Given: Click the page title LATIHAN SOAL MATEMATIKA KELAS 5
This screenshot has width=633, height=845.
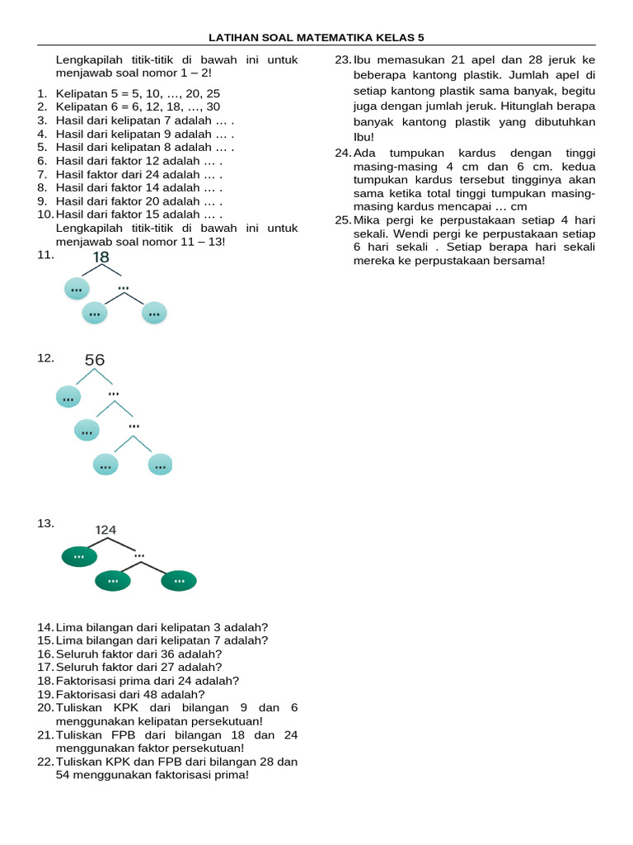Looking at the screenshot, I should (316, 37).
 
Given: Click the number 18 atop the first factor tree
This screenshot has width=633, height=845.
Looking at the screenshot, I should (101, 257).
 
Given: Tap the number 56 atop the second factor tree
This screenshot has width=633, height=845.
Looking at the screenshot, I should (95, 360).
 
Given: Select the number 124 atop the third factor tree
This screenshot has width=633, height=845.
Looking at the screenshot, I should (105, 529).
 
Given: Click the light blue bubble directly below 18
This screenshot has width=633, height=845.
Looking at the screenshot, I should (77, 289).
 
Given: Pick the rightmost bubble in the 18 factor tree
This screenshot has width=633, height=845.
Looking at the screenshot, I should (154, 313).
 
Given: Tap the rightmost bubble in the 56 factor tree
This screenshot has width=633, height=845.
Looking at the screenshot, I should (160, 465).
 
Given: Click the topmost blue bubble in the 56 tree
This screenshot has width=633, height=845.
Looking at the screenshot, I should (68, 398).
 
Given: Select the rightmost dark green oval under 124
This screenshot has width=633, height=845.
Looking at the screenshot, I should (179, 581).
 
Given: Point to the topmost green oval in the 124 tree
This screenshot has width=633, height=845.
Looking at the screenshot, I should (79, 556).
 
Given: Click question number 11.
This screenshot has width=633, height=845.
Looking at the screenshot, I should (45, 255).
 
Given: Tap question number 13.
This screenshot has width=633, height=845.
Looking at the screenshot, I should (45, 523).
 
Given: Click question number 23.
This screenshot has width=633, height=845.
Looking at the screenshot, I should (343, 60).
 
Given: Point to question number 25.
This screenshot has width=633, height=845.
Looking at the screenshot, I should (343, 220).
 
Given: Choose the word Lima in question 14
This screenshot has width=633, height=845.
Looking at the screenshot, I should (68, 627).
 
